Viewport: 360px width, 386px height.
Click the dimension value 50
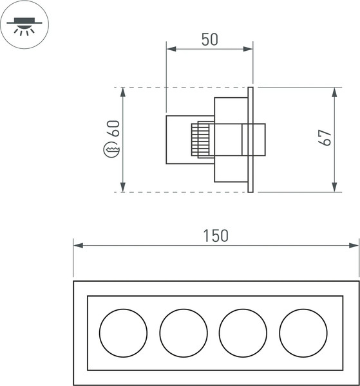(x=209, y=39)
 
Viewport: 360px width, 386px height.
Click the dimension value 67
(x=327, y=138)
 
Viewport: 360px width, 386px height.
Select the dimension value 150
(x=216, y=235)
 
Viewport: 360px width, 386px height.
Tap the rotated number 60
(x=114, y=128)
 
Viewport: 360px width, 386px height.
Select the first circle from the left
(x=124, y=333)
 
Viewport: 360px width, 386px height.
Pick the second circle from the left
(x=184, y=333)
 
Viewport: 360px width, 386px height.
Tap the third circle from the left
(x=243, y=333)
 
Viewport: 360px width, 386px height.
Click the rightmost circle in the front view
(x=303, y=333)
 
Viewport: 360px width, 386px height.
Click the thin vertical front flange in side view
(x=251, y=139)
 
